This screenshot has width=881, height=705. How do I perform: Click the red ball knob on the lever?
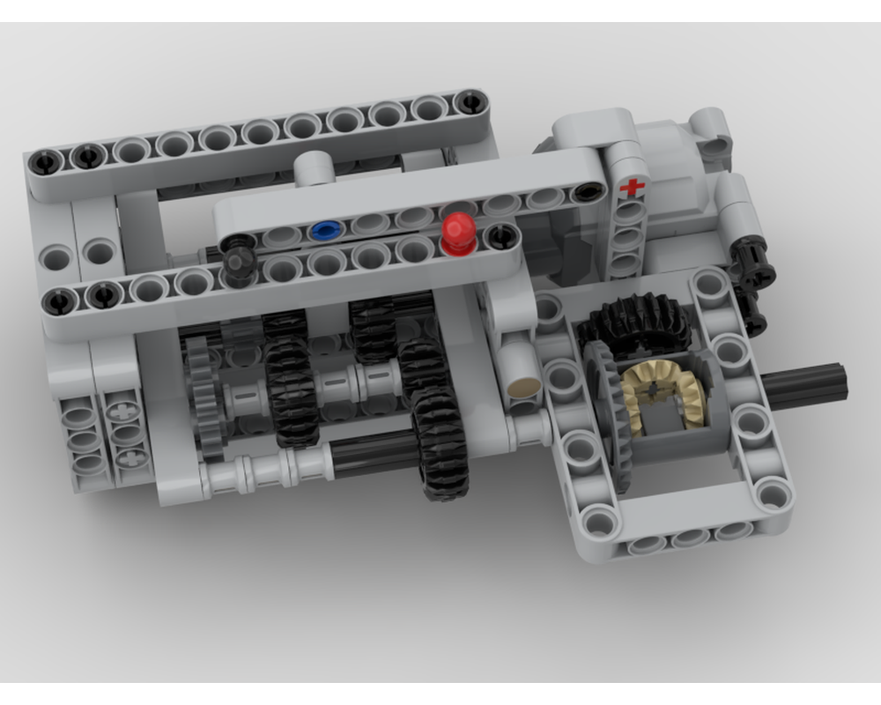coord(458,231)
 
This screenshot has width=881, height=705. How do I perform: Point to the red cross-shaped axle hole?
coord(631,188)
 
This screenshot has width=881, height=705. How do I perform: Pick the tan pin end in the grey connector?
coord(523,385)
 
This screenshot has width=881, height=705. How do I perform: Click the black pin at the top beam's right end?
coord(467,102)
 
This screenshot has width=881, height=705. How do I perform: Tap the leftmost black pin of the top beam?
coord(43,161)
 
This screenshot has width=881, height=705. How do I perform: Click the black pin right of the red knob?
coord(503,234)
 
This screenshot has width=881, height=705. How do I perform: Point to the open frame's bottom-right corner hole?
coord(773,493)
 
